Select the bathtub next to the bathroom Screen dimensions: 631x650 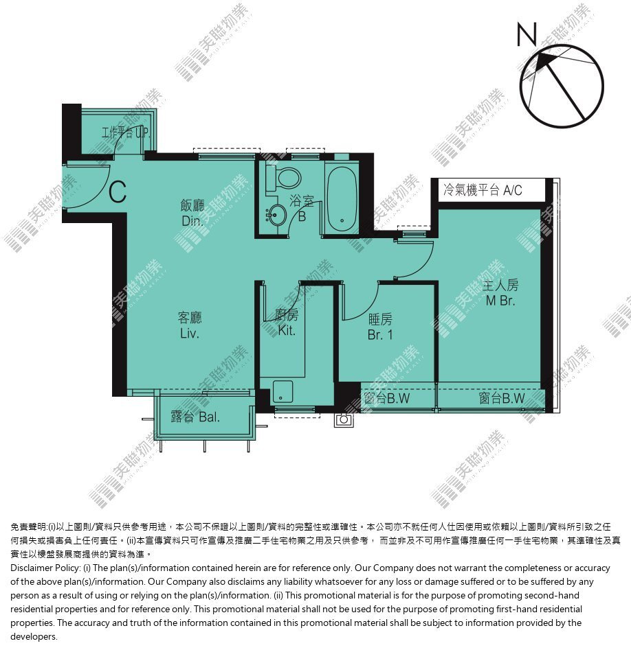(x=342, y=197)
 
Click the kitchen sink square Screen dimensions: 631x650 (x=283, y=392)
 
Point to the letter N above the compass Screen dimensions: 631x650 (x=527, y=34)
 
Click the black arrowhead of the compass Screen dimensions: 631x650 (x=542, y=61)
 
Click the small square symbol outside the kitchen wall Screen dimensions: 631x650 (x=344, y=420)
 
